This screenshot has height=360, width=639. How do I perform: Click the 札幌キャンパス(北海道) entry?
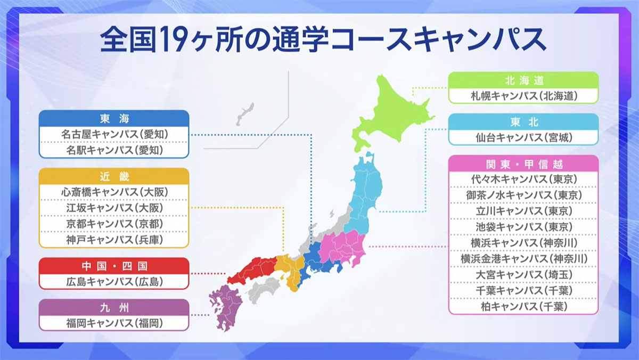click(523, 96)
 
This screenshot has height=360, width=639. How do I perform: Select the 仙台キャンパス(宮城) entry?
click(523, 137)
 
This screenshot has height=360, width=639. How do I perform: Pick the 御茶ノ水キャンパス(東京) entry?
click(523, 195)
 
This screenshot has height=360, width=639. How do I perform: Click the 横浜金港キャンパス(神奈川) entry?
click(523, 259)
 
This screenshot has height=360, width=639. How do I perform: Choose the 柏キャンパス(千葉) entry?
click(523, 307)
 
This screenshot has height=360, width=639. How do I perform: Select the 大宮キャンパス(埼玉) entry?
click(523, 275)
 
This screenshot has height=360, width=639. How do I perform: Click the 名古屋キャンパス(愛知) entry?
click(114, 134)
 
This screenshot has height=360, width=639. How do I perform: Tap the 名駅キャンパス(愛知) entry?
click(114, 150)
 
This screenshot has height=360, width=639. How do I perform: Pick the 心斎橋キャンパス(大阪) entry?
click(114, 191)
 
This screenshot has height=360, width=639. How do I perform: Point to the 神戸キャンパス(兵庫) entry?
click(114, 240)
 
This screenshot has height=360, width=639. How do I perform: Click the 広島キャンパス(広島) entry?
click(114, 281)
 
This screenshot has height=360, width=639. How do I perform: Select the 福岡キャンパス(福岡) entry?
click(114, 323)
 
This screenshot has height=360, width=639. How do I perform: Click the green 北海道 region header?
click(523, 80)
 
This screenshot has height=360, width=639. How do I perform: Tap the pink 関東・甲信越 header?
click(523, 163)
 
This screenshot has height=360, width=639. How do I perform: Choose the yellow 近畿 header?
click(114, 176)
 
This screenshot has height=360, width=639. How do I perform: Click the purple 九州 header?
click(114, 307)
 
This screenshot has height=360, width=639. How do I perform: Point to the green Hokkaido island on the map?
click(391, 114)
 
